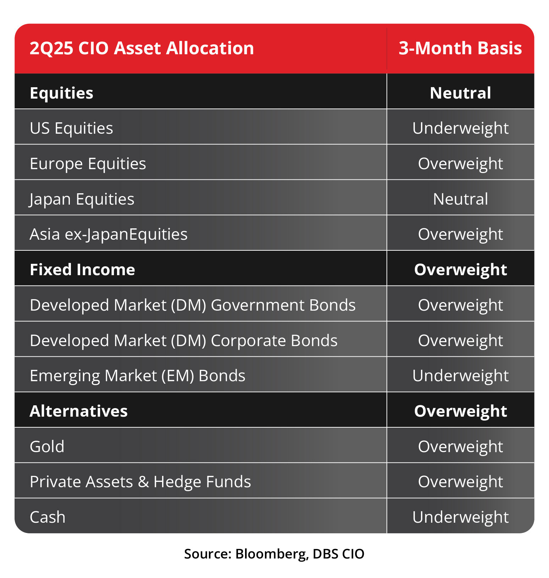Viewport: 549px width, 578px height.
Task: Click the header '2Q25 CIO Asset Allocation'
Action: tap(142, 48)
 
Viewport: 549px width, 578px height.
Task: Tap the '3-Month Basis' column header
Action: tap(460, 48)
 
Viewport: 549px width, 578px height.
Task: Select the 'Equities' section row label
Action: tap(61, 93)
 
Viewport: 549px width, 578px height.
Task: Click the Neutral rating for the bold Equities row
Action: tap(460, 93)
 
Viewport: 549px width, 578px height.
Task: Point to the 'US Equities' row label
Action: tap(71, 128)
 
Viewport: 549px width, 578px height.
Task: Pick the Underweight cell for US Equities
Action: tap(460, 128)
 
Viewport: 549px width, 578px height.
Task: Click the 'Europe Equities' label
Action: tap(88, 164)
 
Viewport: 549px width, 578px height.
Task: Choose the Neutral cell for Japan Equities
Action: tap(460, 199)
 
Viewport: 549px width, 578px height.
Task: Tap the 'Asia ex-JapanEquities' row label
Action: tap(109, 234)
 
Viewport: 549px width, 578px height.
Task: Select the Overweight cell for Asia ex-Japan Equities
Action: tap(460, 234)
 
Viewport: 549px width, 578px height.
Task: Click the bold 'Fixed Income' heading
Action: tap(82, 269)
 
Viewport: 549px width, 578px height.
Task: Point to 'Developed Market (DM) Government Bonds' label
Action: tap(193, 305)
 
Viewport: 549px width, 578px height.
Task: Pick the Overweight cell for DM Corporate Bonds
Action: tap(460, 340)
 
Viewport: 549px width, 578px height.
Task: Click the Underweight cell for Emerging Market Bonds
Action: tap(460, 376)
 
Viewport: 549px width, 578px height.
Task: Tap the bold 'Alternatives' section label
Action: tap(78, 411)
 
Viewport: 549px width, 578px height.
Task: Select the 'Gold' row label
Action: tap(47, 446)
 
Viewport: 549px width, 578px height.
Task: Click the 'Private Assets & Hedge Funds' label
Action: tap(140, 482)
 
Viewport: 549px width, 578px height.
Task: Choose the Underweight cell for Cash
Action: tap(460, 517)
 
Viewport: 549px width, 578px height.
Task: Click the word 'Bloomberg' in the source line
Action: tap(271, 554)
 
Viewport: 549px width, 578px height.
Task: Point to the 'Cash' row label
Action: tap(48, 517)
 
